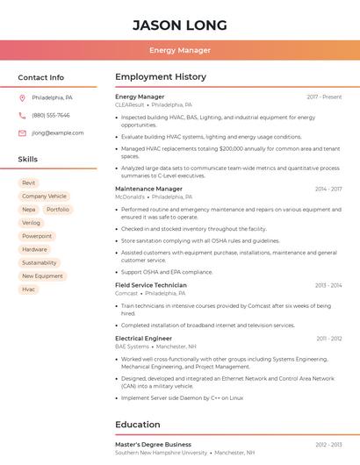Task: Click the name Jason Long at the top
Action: [x=180, y=25]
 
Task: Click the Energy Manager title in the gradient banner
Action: [x=180, y=50]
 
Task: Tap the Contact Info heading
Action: [x=41, y=77]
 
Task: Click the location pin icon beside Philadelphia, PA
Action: [x=22, y=97]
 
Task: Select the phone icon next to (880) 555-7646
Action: [x=22, y=115]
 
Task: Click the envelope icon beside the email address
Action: [x=22, y=133]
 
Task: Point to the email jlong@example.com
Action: [x=58, y=133]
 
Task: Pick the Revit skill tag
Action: [x=29, y=183]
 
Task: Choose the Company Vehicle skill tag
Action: [x=44, y=197]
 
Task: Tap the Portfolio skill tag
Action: [x=58, y=210]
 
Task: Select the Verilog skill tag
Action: [x=31, y=223]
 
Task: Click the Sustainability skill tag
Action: [x=39, y=262]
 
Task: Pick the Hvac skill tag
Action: [x=29, y=289]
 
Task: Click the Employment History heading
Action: [x=160, y=77]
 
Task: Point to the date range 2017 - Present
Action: [x=324, y=97]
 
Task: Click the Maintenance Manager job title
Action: [x=148, y=189]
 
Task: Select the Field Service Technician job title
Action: [x=151, y=285]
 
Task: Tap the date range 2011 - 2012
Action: [x=329, y=338]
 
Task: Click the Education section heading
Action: [x=138, y=425]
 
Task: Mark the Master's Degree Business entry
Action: [x=153, y=445]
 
